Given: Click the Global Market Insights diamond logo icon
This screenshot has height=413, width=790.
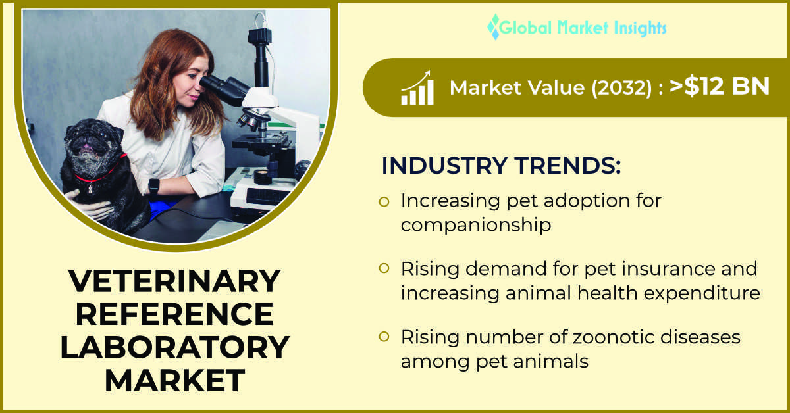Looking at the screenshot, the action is click(x=494, y=27).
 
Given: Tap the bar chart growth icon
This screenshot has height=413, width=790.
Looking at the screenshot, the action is click(x=417, y=87).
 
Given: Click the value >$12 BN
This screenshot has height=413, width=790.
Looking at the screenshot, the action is click(x=720, y=86).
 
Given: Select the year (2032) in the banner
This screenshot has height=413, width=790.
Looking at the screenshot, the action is click(x=621, y=87).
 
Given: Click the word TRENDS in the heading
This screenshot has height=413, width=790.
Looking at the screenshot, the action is click(x=567, y=165).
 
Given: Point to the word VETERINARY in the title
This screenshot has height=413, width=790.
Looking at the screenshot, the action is click(x=174, y=281).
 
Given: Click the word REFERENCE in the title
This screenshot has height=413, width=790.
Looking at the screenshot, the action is click(x=174, y=314).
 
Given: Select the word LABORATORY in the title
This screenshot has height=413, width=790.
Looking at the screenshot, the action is click(x=174, y=347).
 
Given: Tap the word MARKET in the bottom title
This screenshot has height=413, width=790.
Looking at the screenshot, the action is click(x=174, y=381).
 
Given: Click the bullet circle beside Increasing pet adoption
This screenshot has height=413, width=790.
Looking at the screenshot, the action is click(x=384, y=202).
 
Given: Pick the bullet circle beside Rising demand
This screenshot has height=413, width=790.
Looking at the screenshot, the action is click(x=384, y=268).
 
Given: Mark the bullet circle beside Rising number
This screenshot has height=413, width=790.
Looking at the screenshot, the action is click(x=384, y=337).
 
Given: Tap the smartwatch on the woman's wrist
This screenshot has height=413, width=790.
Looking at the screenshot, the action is click(x=154, y=185).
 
